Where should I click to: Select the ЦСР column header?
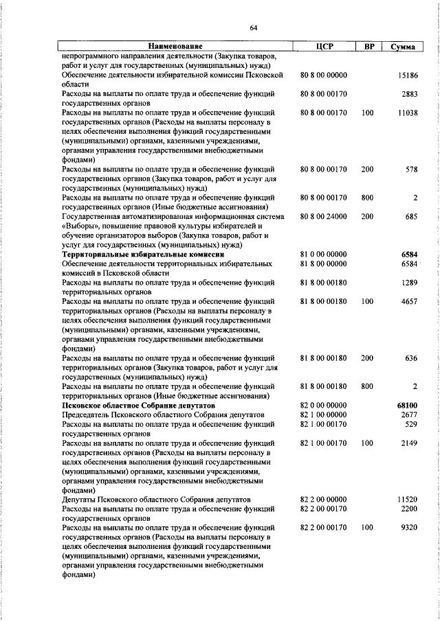(324, 46)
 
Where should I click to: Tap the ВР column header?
(369, 46)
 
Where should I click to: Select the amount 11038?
(407, 113)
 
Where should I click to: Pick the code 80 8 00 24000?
(324, 216)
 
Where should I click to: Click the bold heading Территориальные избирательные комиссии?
(143, 254)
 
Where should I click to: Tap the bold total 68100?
(407, 406)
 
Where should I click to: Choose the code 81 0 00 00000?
(324, 254)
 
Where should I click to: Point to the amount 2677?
(410, 414)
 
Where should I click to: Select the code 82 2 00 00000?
(324, 500)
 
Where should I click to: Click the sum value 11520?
(407, 500)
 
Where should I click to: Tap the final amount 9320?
(410, 528)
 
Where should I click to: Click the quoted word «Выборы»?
(80, 225)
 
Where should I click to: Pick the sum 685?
(411, 216)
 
